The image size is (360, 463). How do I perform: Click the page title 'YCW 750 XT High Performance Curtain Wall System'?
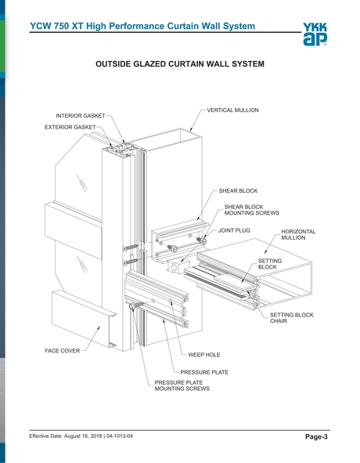pyautogui.click(x=142, y=27)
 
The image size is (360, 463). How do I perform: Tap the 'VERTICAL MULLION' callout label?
pyautogui.click(x=232, y=110)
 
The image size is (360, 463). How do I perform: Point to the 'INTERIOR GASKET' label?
pyautogui.click(x=80, y=116)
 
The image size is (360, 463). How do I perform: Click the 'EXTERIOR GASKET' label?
pyautogui.click(x=75, y=127)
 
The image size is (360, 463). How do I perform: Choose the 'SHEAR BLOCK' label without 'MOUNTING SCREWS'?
pyautogui.click(x=238, y=190)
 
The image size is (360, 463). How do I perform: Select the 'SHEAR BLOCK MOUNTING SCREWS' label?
pyautogui.click(x=247, y=209)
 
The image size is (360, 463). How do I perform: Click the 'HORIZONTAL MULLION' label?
pyautogui.click(x=298, y=235)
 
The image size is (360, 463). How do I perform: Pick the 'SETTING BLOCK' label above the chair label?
pyautogui.click(x=269, y=263)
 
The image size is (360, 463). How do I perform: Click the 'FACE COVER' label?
pyautogui.click(x=62, y=350)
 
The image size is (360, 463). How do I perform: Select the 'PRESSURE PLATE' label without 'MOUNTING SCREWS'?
pyautogui.click(x=204, y=372)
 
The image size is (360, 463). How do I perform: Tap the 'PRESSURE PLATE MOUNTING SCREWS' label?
pyautogui.click(x=182, y=385)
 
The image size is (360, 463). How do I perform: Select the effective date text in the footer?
pyautogui.click(x=86, y=436)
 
